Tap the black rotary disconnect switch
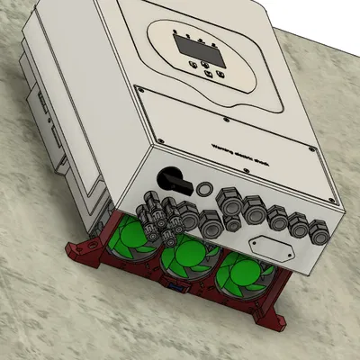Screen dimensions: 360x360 coord(171,178)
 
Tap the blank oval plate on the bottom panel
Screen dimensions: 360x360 coord(269,246)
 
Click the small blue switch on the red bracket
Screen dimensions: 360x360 coord(177,289)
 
